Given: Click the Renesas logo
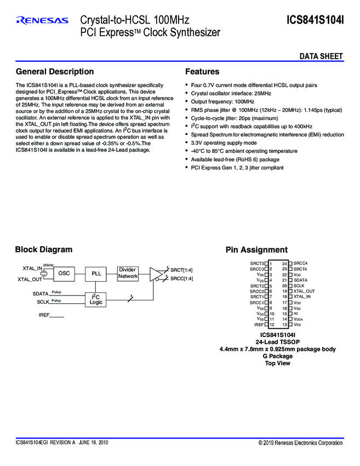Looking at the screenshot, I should (42, 20).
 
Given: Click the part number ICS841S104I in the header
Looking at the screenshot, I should (315, 20).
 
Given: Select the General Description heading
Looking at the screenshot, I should (55, 72).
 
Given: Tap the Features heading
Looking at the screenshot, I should (202, 72).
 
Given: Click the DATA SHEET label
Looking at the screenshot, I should (321, 56).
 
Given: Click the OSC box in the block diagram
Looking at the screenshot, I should (64, 273).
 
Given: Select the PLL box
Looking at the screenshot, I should (96, 273).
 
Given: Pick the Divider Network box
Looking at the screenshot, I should (128, 273).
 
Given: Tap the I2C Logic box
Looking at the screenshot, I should (96, 299).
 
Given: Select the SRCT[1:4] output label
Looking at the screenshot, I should (181, 270).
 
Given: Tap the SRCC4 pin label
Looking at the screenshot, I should (301, 263).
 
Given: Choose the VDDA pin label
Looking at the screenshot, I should (299, 319).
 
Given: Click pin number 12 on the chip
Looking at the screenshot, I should (271, 325).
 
